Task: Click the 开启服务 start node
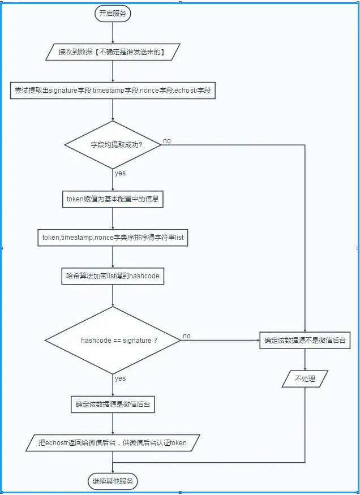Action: point(113,14)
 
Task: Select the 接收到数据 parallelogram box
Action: point(113,52)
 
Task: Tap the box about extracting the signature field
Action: point(113,90)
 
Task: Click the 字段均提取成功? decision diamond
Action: point(113,145)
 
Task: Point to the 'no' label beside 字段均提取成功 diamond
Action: point(167,140)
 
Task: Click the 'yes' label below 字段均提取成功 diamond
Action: point(120,173)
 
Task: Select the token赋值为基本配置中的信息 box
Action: point(113,199)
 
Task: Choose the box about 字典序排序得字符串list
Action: point(113,238)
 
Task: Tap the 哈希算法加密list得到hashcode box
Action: point(113,277)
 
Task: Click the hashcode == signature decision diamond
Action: point(113,341)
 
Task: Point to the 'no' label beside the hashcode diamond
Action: point(186,336)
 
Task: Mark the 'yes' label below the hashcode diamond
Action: point(120,378)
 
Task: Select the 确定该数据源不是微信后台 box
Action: point(305,341)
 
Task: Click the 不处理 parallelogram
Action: point(305,379)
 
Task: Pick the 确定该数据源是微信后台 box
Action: point(113,404)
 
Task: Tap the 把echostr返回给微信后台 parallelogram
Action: point(113,442)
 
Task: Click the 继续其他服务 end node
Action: point(113,481)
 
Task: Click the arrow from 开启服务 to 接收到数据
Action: point(113,33)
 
